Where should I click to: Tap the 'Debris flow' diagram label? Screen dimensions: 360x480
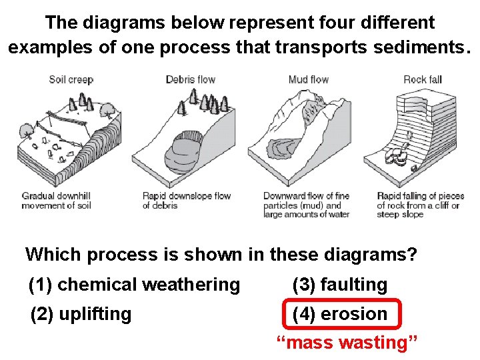190,80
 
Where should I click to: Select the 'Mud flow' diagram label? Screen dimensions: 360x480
308,80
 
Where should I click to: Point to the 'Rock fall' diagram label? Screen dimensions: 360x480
423,80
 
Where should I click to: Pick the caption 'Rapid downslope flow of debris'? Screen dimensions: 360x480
186,201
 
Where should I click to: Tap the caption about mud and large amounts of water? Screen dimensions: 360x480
306,205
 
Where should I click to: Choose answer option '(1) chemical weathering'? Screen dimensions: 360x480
134,285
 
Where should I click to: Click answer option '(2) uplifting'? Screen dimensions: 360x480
81,314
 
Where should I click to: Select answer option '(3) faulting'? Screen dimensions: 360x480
339,285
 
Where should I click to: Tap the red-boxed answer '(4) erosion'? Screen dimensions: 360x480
340,314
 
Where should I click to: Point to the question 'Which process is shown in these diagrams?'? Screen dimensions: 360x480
221,254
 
